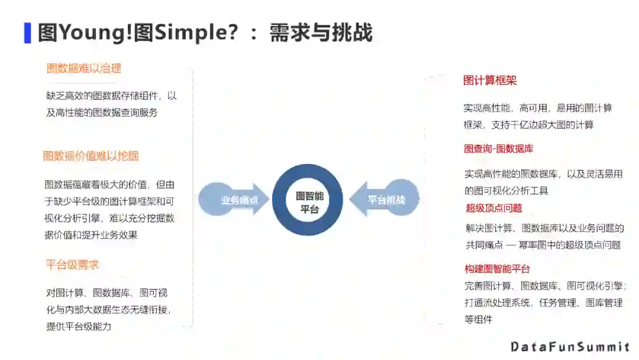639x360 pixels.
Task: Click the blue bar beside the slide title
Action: pyautogui.click(x=27, y=33)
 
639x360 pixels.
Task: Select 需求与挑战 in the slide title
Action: pyautogui.click(x=321, y=33)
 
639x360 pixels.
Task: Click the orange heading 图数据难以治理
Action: pyautogui.click(x=84, y=68)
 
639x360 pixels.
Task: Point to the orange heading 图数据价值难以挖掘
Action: pyautogui.click(x=91, y=156)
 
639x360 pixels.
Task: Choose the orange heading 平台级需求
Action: pyautogui.click(x=72, y=265)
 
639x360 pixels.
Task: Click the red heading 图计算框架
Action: pyautogui.click(x=490, y=81)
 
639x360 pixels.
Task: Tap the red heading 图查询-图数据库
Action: pyautogui.click(x=498, y=149)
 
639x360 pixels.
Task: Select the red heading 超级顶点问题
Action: pyautogui.click(x=494, y=208)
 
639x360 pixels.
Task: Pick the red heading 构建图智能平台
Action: pyautogui.click(x=497, y=269)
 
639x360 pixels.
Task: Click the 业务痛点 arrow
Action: pyautogui.click(x=234, y=200)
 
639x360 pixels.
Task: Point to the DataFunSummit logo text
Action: pyautogui.click(x=570, y=346)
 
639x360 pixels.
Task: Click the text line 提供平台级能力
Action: pyautogui.click(x=79, y=326)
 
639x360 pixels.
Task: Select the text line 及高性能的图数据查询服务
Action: pyautogui.click(x=102, y=112)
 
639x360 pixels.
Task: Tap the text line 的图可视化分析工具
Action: pyautogui.click(x=506, y=191)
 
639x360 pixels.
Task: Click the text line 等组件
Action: pyautogui.click(x=478, y=319)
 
